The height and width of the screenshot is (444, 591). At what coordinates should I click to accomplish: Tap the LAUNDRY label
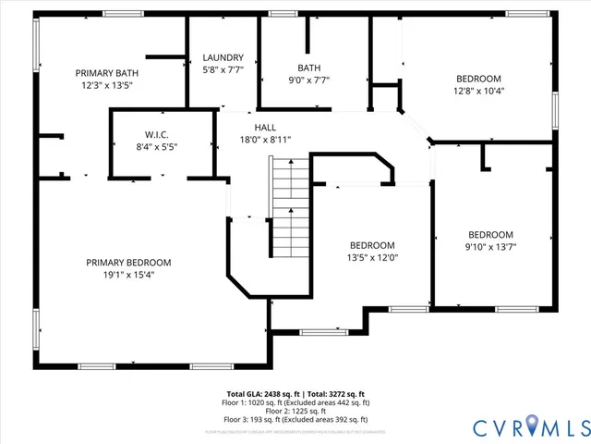(x=223, y=57)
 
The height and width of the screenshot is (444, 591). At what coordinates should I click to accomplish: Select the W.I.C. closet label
(x=156, y=134)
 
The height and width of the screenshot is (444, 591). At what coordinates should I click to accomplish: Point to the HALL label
(x=265, y=128)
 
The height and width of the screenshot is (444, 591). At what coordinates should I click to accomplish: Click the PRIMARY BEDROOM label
(x=128, y=262)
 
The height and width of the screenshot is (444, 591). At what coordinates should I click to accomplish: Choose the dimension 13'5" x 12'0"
(x=372, y=257)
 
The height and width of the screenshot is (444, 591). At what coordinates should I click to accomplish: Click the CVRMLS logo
(x=530, y=426)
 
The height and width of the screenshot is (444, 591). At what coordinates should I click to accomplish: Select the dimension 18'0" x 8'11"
(x=265, y=140)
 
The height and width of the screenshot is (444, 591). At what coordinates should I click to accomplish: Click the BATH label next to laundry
(x=308, y=68)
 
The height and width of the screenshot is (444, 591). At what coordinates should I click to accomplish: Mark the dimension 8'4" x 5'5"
(x=156, y=146)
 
